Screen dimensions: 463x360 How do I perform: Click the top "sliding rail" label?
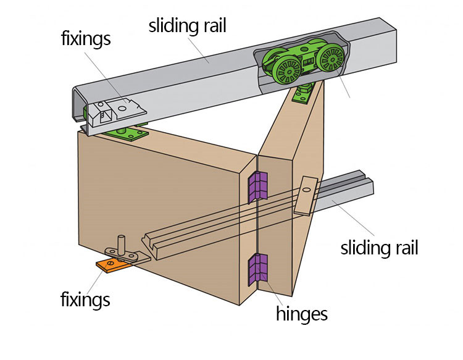click(188, 26)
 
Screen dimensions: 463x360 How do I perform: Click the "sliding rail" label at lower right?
click(380, 248)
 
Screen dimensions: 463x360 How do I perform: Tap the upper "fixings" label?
click(86, 39)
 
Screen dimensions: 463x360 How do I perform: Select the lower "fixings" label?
click(85, 299)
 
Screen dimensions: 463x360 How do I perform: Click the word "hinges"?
click(302, 313)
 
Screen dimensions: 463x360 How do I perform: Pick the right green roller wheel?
click(332, 59)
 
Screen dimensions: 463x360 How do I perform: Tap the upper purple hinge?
click(258, 188)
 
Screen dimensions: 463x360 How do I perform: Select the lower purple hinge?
click(258, 269)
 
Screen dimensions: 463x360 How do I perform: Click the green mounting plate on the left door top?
click(125, 132)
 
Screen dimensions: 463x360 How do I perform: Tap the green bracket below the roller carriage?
click(302, 93)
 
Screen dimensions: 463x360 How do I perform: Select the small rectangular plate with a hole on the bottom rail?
click(306, 196)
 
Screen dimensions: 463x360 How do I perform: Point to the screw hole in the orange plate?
click(111, 263)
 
